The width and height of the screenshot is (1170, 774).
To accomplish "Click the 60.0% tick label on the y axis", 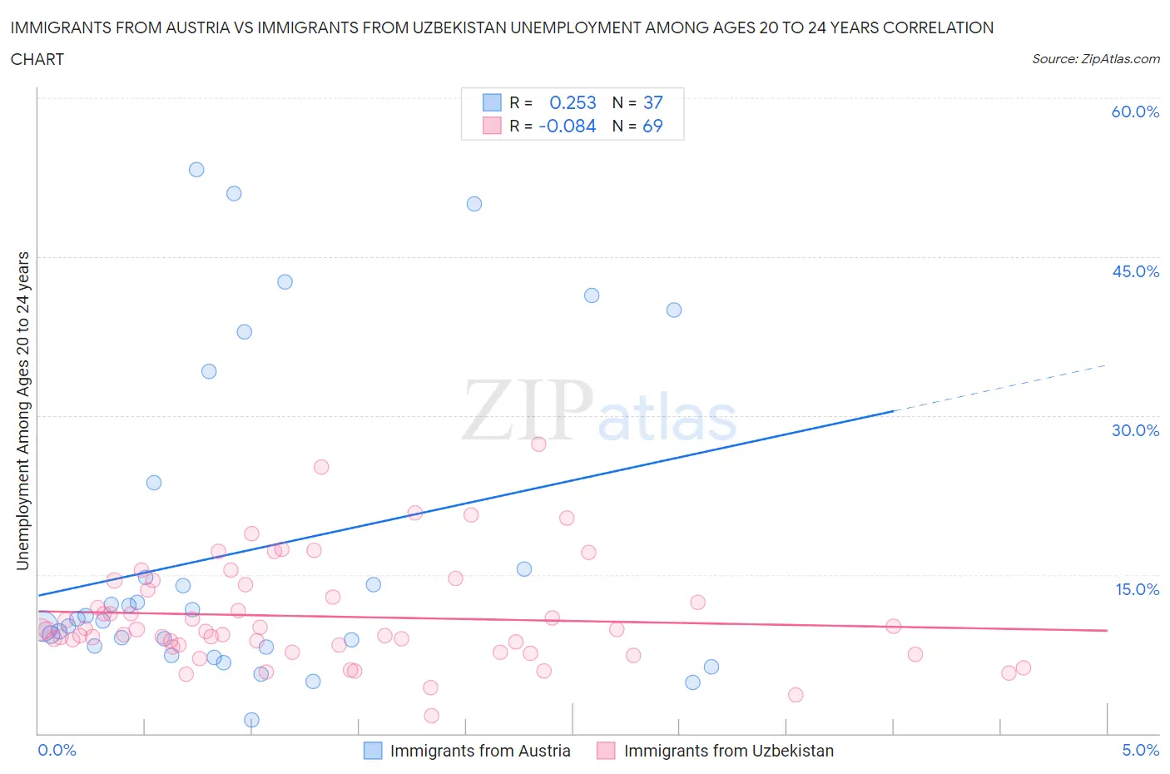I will click(1135, 112).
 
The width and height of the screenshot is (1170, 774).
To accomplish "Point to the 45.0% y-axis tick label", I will click(1135, 271).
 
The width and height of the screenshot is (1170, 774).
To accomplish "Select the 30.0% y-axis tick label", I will click(1135, 430).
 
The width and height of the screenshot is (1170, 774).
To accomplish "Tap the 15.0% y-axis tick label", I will click(1135, 589).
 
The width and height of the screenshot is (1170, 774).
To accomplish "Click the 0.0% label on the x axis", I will click(57, 750).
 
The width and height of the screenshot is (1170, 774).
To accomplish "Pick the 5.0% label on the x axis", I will click(1140, 750).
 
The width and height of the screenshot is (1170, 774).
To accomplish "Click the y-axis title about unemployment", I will click(22, 411).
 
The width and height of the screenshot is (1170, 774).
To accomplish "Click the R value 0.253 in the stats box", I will click(573, 102).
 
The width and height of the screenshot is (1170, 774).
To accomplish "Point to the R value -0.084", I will click(568, 126).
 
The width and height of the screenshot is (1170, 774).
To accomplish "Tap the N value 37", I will click(653, 102).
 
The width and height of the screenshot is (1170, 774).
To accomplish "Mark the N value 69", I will click(653, 126).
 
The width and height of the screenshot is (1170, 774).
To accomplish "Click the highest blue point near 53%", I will click(196, 170).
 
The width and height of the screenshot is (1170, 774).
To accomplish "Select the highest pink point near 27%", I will click(538, 444).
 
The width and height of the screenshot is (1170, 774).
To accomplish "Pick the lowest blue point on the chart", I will click(251, 720).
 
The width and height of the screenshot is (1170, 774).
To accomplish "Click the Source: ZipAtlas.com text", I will click(1095, 59).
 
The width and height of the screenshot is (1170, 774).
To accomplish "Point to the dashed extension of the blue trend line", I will click(999, 388).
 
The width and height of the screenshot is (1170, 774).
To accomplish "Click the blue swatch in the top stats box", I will click(492, 102).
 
